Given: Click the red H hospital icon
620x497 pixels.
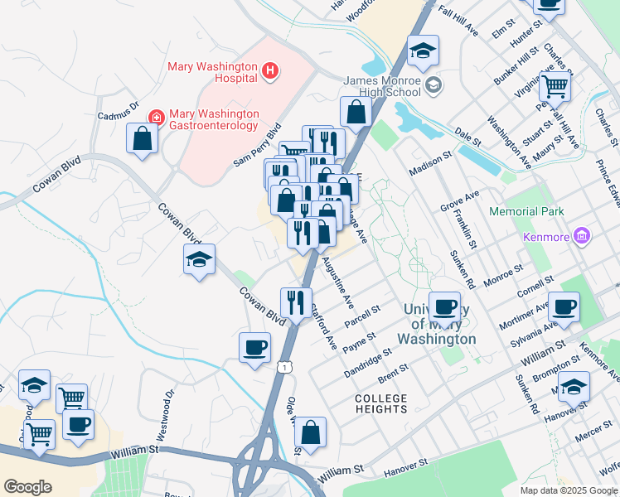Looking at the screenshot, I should [269, 72].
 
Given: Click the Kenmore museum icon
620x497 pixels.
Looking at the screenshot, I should [581, 238].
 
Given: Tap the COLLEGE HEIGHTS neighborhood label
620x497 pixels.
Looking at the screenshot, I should [381, 403].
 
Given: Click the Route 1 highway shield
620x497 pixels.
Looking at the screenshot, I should [285, 365].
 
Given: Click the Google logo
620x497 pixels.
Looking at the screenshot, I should [28, 487].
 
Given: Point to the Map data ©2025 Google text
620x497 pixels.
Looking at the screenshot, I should [569, 490].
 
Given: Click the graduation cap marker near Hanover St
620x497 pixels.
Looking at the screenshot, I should [574, 387].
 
